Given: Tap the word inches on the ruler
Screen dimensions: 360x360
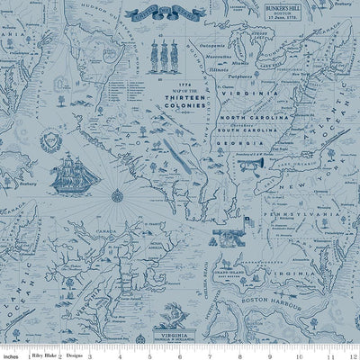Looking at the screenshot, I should (13, 354).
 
